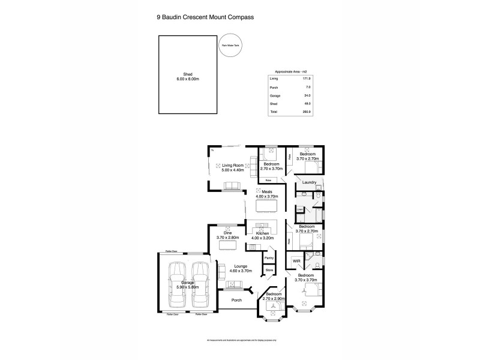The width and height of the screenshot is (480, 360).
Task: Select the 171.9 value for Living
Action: coord(307,79)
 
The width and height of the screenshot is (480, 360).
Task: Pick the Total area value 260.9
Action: coord(307,112)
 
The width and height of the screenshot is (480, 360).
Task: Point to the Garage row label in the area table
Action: coord(274,96)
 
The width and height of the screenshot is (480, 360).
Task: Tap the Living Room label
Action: coord(233,167)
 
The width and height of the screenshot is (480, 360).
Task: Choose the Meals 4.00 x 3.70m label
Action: coord(268,194)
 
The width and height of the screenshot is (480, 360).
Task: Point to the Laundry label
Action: coord(310,182)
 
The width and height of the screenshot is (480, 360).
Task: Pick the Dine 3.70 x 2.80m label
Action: coord(228,235)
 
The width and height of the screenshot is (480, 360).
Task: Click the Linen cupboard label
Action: coord(299,209)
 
